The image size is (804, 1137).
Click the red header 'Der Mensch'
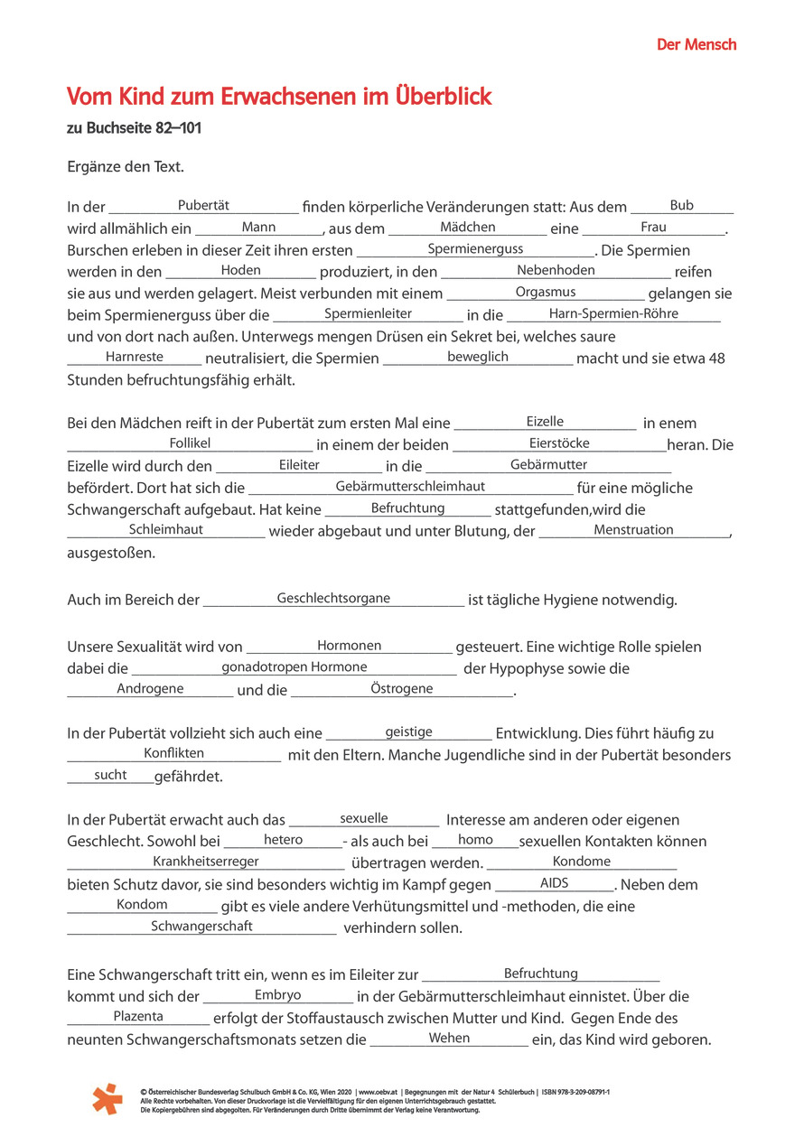696,44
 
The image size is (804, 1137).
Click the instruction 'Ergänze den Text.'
126,166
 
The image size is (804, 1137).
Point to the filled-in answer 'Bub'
681,206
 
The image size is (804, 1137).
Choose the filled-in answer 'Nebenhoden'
556,270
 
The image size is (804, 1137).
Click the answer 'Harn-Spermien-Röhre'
613,313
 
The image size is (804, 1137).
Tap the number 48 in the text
716,359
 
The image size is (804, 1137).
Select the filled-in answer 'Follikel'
190,443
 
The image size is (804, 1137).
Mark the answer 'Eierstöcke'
559,443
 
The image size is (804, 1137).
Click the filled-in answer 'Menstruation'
633,530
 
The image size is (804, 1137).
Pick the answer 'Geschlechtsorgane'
333,598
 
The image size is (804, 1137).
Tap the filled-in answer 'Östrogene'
401,689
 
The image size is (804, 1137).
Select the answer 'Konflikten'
174,753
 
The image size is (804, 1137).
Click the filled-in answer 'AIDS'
554,883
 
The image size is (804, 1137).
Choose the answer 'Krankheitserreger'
206,862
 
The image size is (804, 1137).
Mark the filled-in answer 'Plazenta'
138,1016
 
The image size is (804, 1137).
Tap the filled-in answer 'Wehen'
449,1038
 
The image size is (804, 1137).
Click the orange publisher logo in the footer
107,1097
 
